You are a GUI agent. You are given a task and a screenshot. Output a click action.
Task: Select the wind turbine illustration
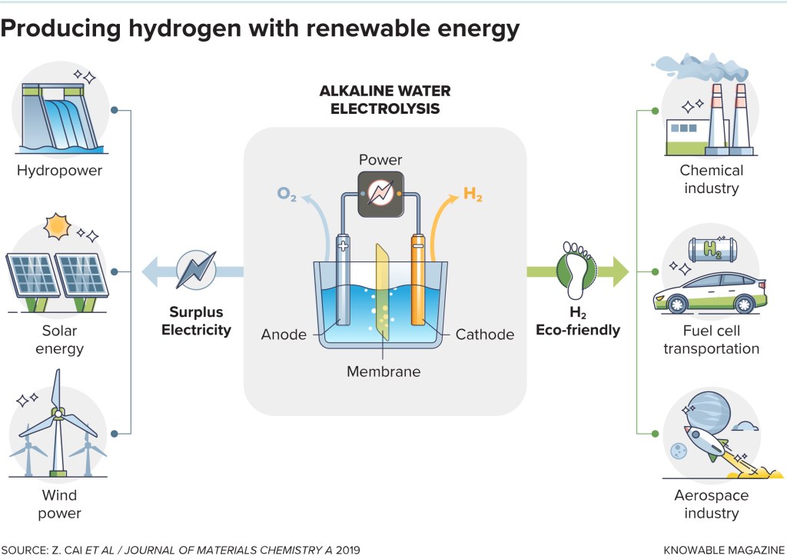coord(57,431)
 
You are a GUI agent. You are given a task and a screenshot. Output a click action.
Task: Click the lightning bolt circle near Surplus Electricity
coord(195,270)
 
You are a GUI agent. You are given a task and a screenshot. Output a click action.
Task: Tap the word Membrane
coord(384,371)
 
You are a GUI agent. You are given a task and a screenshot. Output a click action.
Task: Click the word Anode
coord(284,335)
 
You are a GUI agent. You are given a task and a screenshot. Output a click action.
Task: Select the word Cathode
coord(484,335)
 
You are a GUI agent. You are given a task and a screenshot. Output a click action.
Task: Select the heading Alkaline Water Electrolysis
coord(385,100)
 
